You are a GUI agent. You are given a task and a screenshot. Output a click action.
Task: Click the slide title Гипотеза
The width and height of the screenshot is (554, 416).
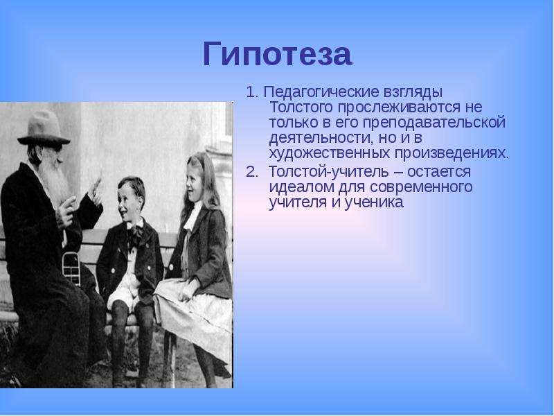(x=278, y=55)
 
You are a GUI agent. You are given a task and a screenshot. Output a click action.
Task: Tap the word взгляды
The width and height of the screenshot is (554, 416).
(x=412, y=93)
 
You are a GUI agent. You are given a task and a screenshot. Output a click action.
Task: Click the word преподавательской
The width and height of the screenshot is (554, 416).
(x=434, y=123)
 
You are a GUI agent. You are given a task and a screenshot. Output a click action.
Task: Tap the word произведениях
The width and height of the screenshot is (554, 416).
(x=452, y=154)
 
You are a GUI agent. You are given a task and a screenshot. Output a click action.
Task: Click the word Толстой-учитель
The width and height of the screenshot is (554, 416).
(x=327, y=172)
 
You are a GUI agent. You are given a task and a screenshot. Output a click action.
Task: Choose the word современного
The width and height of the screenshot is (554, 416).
(x=421, y=187)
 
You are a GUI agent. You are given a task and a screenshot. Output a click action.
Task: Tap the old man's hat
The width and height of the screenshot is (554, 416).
(x=44, y=128)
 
